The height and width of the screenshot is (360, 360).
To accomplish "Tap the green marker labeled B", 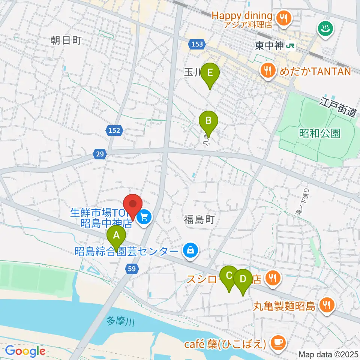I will [x=208, y=121].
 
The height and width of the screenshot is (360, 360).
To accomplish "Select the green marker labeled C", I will [x=229, y=276].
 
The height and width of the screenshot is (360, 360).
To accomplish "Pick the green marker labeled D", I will [x=243, y=279].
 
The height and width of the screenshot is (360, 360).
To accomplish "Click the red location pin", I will [x=133, y=205].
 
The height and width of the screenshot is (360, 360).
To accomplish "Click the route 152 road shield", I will [x=114, y=130].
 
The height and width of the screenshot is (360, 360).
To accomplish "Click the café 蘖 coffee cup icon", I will [x=278, y=342].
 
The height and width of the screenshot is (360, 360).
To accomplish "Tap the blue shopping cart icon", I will [x=144, y=216].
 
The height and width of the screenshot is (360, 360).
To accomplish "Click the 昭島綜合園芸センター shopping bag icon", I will [x=190, y=250].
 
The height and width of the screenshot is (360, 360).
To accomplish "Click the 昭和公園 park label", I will [x=320, y=133].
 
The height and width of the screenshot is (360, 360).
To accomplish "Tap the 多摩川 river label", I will [x=120, y=321].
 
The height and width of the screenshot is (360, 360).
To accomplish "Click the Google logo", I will [x=25, y=351].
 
